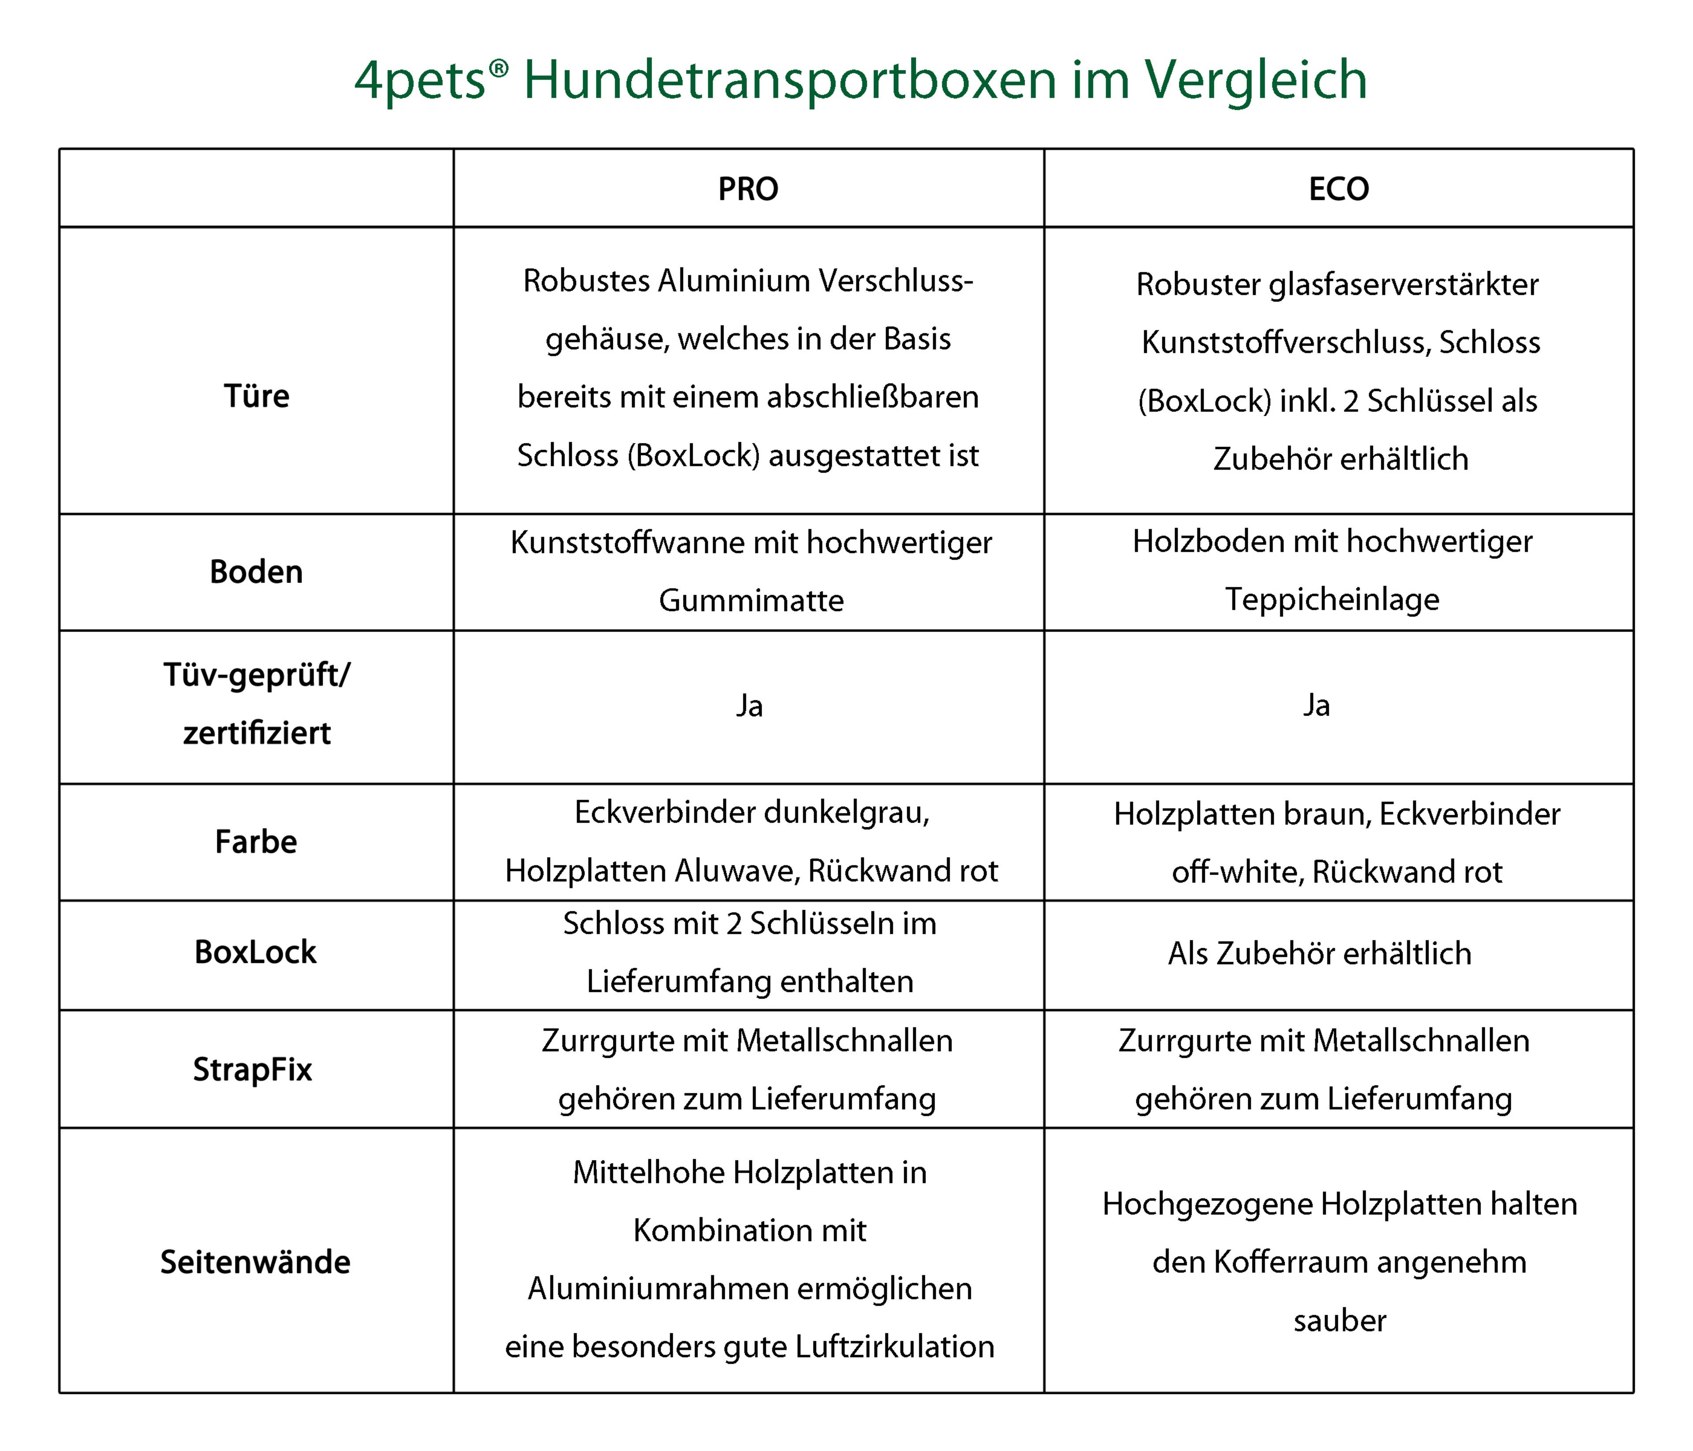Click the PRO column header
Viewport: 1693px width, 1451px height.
(x=748, y=189)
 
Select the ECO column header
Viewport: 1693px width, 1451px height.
(x=1339, y=189)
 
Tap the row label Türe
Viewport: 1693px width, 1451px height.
(x=257, y=396)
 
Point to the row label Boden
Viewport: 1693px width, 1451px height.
(x=257, y=572)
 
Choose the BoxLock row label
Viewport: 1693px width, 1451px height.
(x=255, y=952)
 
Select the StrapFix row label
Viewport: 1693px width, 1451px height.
(x=253, y=1070)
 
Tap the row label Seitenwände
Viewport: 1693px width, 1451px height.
(x=255, y=1262)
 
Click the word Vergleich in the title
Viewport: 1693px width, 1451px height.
(x=1255, y=80)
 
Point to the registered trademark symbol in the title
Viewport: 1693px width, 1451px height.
(x=499, y=69)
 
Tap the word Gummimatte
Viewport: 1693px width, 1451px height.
(x=751, y=601)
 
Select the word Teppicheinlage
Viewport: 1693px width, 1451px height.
(x=1332, y=599)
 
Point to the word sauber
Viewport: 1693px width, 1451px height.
(x=1339, y=1321)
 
